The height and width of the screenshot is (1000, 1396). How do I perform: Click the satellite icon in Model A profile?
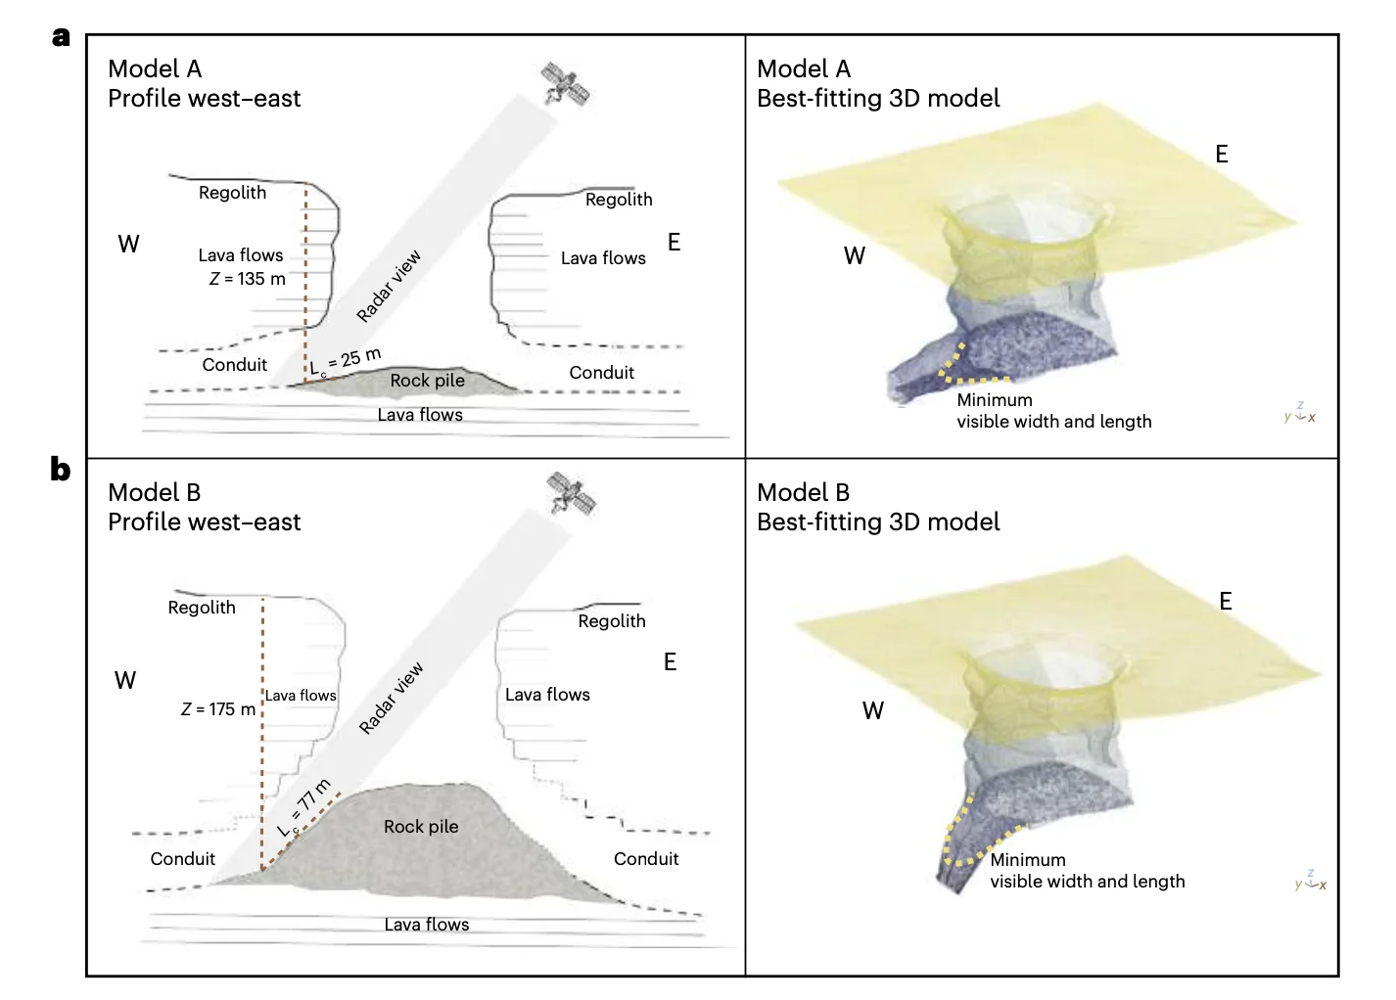(x=566, y=84)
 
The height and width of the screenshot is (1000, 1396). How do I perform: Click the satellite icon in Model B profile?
(x=572, y=494)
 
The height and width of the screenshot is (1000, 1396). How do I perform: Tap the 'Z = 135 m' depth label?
(x=248, y=279)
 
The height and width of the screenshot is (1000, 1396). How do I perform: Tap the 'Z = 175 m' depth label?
(x=218, y=709)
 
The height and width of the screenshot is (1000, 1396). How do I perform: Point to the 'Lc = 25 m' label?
(x=346, y=361)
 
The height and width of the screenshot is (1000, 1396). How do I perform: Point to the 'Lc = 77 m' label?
(x=305, y=807)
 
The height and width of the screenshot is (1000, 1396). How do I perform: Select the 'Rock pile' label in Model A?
(x=427, y=381)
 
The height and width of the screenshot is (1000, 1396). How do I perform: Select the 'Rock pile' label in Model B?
(x=421, y=827)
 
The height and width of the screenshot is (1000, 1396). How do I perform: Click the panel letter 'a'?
(x=61, y=37)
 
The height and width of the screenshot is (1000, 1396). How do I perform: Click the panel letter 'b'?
(x=61, y=470)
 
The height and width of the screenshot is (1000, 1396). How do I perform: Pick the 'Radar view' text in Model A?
(x=389, y=286)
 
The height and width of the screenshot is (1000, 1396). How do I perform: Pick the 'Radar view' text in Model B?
(x=391, y=699)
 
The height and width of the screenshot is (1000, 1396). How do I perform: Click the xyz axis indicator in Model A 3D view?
(x=1300, y=413)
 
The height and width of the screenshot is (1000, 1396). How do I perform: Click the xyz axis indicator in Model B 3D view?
(x=1311, y=881)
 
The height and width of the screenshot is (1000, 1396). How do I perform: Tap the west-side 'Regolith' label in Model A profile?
(x=232, y=193)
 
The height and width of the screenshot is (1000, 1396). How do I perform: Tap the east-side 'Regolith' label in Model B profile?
(x=612, y=621)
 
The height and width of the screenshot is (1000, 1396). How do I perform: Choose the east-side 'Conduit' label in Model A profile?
(x=601, y=373)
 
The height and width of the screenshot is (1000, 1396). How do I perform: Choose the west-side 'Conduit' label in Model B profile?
(x=182, y=859)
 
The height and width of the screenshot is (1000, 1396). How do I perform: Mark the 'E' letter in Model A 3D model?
(x=1222, y=155)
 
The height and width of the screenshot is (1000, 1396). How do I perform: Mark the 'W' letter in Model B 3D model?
(x=873, y=711)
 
